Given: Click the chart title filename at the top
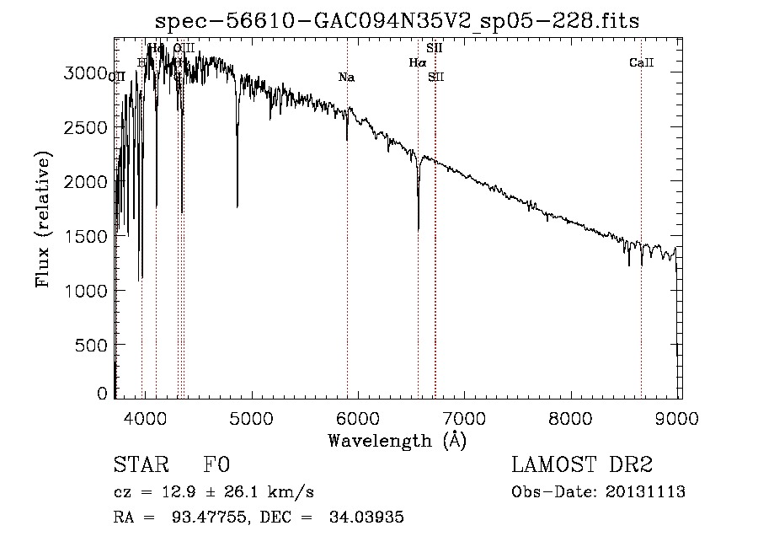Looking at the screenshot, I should pos(398,21).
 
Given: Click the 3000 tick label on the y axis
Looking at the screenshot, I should pos(86,73).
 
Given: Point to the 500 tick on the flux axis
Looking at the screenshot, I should pos(91,345).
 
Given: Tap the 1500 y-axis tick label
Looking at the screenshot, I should pos(86,236).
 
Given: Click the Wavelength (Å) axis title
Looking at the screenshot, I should pos(397,440).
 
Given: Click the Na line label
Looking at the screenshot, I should pos(346,78).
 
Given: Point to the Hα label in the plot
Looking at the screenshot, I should pos(418,62).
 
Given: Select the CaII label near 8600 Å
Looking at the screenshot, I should pos(641,62).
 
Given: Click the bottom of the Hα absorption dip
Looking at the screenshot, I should pos(419,228).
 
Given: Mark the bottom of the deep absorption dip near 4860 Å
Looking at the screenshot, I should pos(237,206).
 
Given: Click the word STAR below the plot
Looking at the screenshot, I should pos(141,465).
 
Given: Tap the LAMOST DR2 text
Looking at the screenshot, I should pos(582,465).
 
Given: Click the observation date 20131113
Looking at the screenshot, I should pos(646,492).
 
